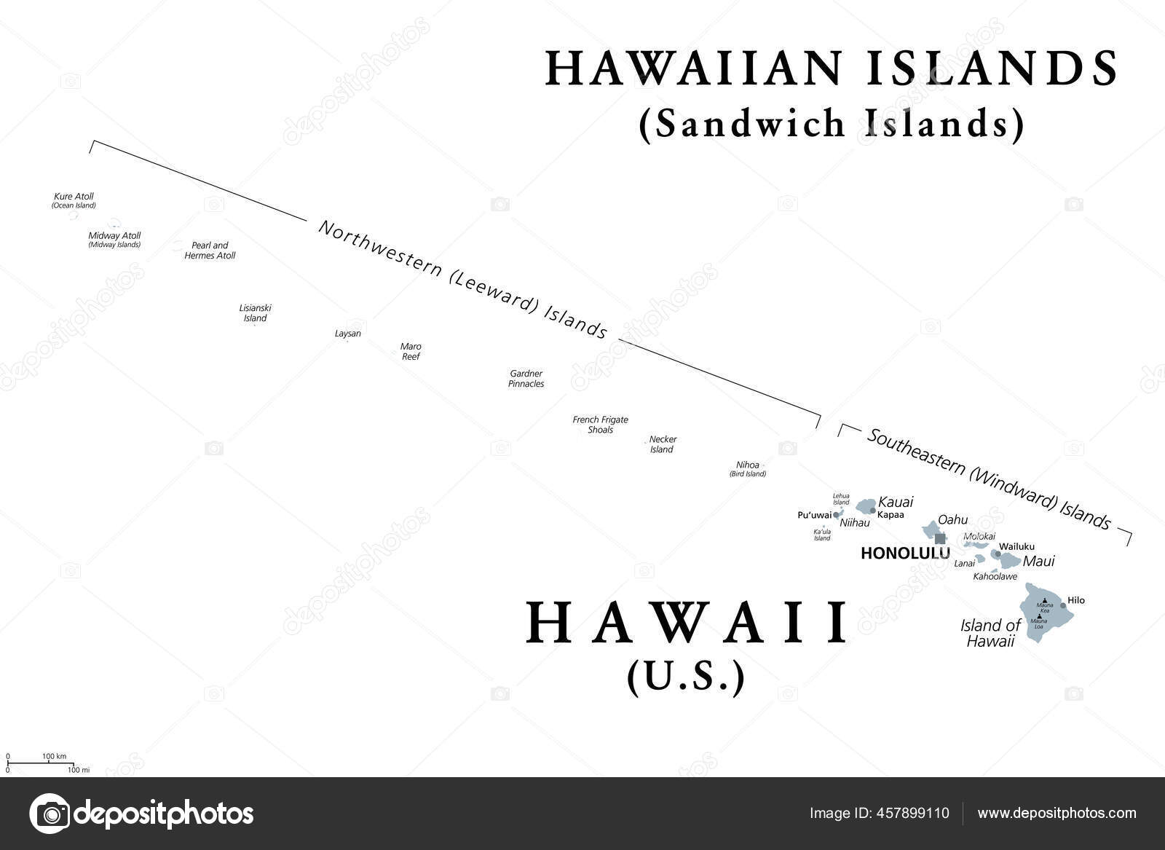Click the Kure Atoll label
click(x=74, y=197)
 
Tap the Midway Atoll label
click(x=114, y=236)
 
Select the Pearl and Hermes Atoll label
click(x=210, y=251)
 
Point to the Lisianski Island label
click(x=255, y=313)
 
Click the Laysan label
click(x=347, y=334)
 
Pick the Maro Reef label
click(x=411, y=352)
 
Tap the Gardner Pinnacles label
click(x=526, y=379)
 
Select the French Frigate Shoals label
click(x=600, y=425)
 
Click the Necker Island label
click(x=663, y=444)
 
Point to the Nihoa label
click(x=748, y=465)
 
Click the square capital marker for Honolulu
click(x=941, y=539)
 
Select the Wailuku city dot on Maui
click(x=997, y=554)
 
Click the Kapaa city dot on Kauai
click(x=873, y=511)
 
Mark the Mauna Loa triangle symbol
click(x=1039, y=616)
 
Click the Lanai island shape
click(x=981, y=559)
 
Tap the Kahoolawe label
click(x=995, y=576)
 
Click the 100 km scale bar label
click(x=55, y=757)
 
